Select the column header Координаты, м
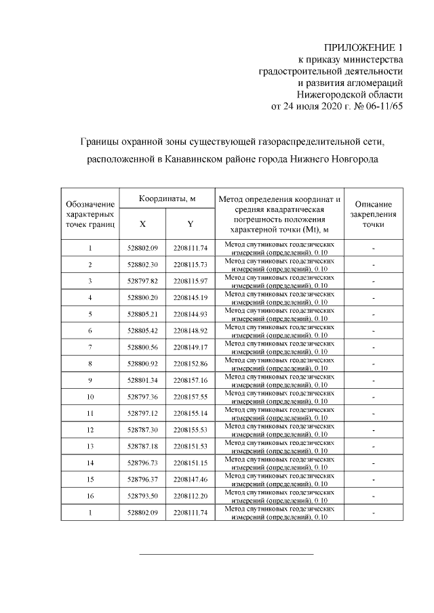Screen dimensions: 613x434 (167, 198)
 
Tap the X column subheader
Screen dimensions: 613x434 (142, 224)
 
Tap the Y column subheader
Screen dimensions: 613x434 (191, 224)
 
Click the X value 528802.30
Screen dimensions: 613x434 (142, 264)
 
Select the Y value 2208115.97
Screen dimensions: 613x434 (191, 280)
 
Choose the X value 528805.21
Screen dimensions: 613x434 (142, 314)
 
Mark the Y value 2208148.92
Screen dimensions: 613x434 (191, 330)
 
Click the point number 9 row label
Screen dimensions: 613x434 (90, 380)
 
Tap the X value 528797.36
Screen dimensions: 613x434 (142, 396)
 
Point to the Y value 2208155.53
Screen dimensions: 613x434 (191, 429)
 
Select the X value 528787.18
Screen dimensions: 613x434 (142, 446)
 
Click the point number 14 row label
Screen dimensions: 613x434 (90, 463)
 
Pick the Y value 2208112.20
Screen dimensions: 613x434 (191, 496)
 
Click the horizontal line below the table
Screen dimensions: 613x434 (226, 554)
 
